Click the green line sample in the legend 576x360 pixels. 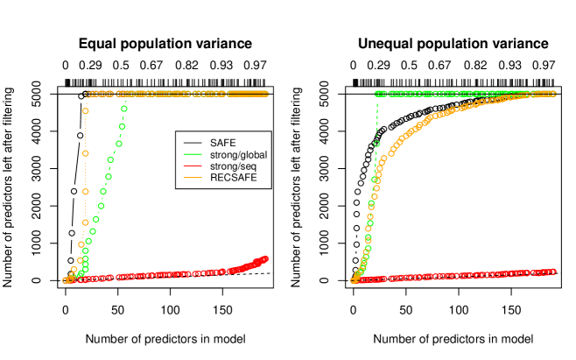point(193,154)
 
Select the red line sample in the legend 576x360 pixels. point(193,166)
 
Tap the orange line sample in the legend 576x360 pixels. point(193,178)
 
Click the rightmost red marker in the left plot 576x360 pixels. point(265,258)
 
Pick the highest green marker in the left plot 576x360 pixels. point(124,109)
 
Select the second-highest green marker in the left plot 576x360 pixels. point(122,126)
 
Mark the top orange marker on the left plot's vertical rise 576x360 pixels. point(86,111)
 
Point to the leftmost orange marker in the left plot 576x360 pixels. point(66,280)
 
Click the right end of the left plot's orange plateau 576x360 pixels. point(265,94)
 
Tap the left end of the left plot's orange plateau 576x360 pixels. point(89,94)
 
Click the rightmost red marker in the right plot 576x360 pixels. point(552,272)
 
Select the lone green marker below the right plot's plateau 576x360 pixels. point(376,144)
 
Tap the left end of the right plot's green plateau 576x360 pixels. point(377,94)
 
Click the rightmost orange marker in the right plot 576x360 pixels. point(552,94)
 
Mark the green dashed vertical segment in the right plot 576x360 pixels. point(377,118)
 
